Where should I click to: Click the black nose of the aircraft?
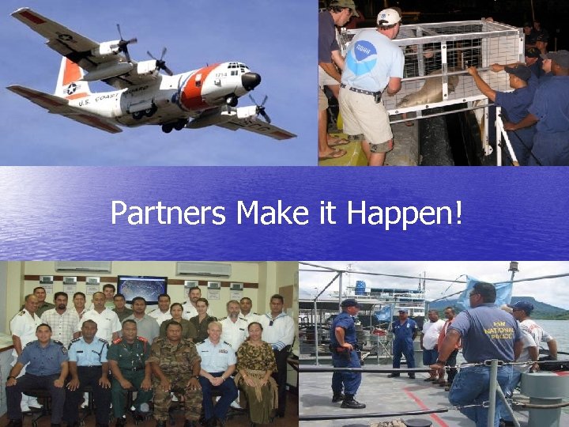click(x=252, y=81)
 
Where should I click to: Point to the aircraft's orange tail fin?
click(x=70, y=76)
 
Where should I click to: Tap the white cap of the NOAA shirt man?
click(x=388, y=17)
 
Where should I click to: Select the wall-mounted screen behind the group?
click(x=141, y=288)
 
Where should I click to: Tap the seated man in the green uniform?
click(x=129, y=367)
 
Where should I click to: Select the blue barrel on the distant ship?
click(x=360, y=287)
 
